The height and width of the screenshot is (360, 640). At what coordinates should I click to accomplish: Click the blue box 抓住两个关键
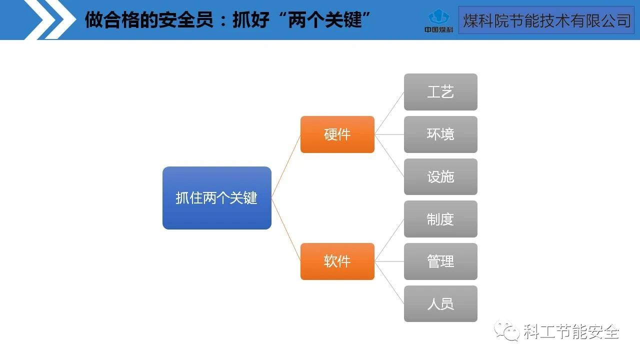216,198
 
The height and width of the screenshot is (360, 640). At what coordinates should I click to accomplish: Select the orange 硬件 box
337,134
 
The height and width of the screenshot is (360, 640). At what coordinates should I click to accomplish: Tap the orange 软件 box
337,261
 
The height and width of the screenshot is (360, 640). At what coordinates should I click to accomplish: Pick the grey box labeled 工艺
440,92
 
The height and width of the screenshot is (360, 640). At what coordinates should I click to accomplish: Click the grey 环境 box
440,134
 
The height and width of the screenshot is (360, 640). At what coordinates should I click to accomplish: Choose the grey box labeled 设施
440,177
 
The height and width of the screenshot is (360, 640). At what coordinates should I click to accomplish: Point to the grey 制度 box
440,219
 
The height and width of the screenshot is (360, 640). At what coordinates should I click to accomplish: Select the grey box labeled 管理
440,261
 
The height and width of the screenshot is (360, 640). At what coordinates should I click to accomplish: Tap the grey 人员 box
440,304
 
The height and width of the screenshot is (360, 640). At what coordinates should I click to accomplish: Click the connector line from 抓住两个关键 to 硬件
286,166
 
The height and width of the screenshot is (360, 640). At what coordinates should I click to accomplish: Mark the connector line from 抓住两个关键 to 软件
286,230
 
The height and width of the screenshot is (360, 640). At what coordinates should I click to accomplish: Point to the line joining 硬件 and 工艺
389,113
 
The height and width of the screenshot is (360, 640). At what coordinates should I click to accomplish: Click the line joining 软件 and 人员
389,282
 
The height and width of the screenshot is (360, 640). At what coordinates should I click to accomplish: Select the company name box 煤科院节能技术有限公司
546,20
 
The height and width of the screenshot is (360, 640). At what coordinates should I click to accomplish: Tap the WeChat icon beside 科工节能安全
506,330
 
